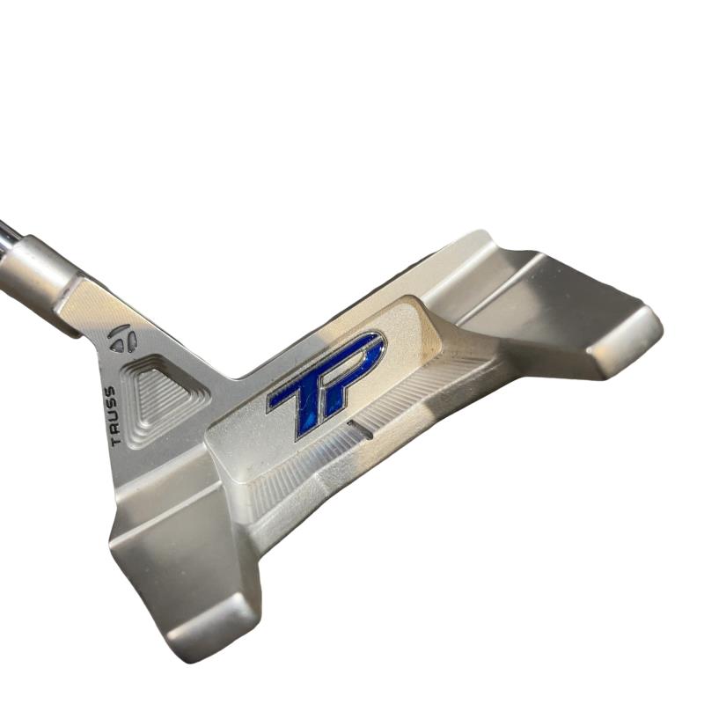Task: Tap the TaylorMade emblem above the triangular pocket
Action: coord(122,338)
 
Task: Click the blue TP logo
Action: coord(326,384)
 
